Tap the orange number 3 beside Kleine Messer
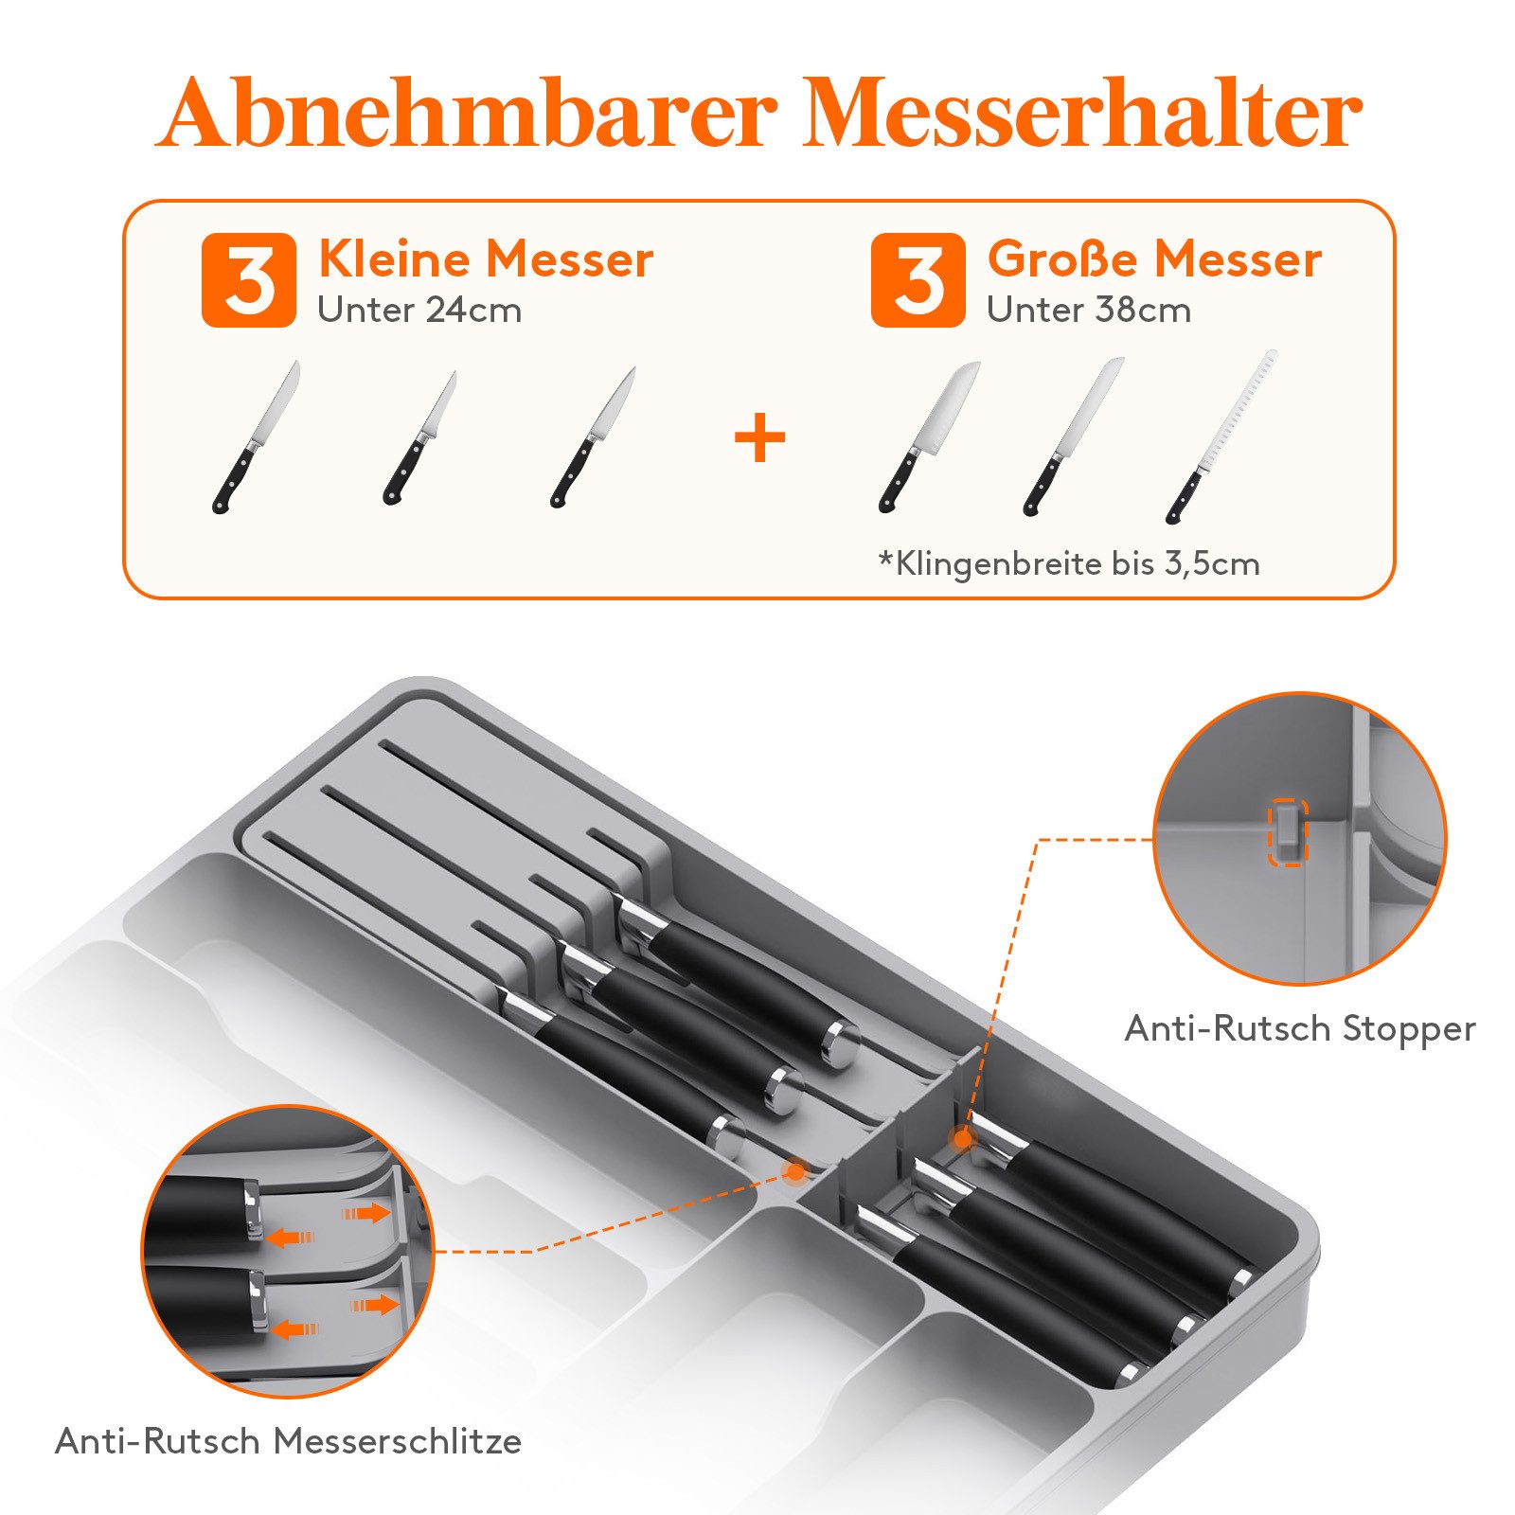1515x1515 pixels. (x=249, y=281)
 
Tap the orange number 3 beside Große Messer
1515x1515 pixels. (x=918, y=281)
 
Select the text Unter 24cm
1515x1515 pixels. (x=419, y=311)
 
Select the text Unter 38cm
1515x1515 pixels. (x=1088, y=311)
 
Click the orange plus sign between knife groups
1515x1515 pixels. (x=759, y=437)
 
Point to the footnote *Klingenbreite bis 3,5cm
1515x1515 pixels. (x=1069, y=564)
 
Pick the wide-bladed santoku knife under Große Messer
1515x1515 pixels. (x=929, y=436)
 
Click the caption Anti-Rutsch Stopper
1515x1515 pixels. (x=1299, y=1029)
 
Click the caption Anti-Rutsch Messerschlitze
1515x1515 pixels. (x=289, y=1441)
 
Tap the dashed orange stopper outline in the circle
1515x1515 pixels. (x=1288, y=831)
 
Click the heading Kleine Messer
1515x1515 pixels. (x=485, y=259)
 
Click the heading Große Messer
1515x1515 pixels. (x=1153, y=259)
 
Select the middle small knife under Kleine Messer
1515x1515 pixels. (x=419, y=437)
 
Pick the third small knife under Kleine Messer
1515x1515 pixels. (x=593, y=437)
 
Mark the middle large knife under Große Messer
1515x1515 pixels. (x=1073, y=436)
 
